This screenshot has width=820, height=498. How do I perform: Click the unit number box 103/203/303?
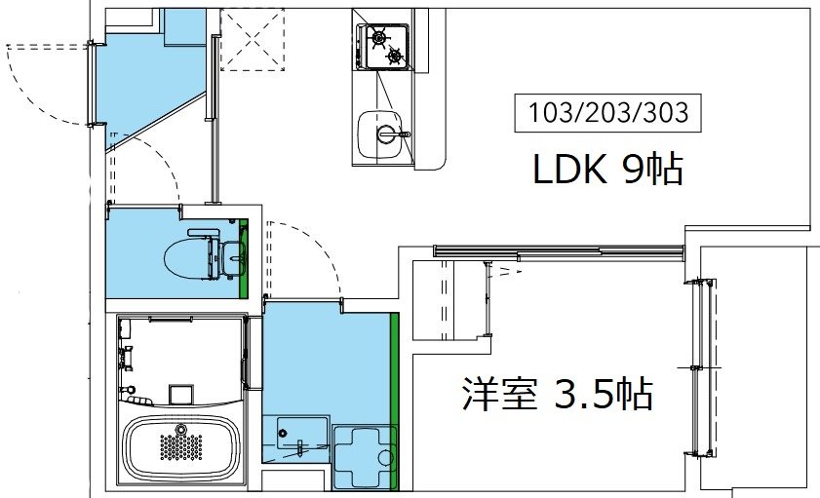point(608,114)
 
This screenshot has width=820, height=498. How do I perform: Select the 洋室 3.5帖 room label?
point(557,395)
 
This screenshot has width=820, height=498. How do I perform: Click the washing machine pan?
point(364,456)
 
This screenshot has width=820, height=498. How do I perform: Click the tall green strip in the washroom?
point(395,400)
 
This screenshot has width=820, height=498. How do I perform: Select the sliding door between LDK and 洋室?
point(556,251)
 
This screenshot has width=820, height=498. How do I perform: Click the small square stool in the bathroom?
point(179,395)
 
